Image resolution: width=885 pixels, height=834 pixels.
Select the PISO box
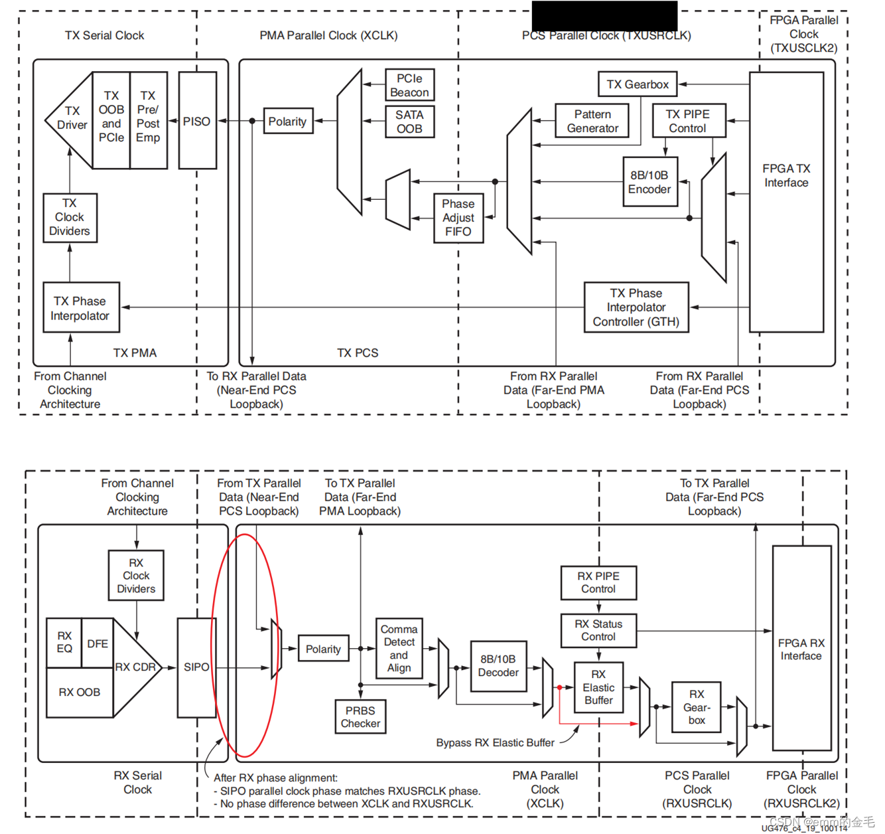(197, 121)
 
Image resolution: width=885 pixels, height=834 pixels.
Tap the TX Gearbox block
(638, 84)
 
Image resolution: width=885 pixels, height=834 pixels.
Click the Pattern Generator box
(592, 122)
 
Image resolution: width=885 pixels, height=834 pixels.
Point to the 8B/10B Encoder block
(649, 182)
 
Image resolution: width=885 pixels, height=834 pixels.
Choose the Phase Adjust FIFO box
(458, 218)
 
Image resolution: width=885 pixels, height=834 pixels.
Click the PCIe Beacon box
(409, 86)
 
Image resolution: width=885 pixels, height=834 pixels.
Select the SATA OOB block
(409, 122)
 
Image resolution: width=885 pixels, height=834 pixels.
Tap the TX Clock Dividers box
(70, 217)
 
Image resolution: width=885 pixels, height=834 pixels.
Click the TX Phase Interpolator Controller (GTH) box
(636, 307)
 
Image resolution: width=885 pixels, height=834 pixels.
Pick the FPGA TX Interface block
(786, 202)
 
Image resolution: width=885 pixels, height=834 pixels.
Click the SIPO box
(196, 667)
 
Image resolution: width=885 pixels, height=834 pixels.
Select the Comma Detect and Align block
(399, 648)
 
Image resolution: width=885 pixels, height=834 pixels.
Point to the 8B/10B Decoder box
(498, 666)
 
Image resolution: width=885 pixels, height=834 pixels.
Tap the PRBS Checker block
(360, 717)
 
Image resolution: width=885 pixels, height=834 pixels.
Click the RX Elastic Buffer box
(598, 687)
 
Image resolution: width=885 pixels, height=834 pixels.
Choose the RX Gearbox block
(696, 707)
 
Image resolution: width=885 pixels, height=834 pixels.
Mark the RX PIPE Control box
(598, 582)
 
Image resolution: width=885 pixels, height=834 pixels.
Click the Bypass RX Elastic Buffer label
(495, 742)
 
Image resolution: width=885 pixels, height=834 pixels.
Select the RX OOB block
(80, 692)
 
